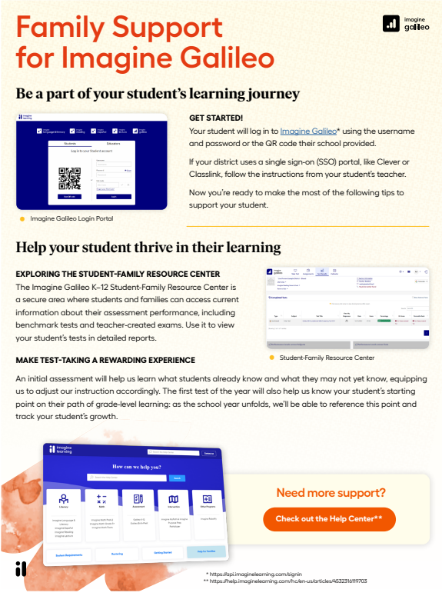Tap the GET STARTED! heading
pyautogui.click(x=216, y=118)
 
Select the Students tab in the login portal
pyautogui.click(x=70, y=144)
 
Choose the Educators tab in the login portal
pyautogui.click(x=113, y=144)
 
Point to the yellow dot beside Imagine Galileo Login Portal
pyautogui.click(x=22, y=218)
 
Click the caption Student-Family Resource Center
pyautogui.click(x=327, y=358)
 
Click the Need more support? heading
pyautogui.click(x=331, y=493)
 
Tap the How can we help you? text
pyautogui.click(x=135, y=466)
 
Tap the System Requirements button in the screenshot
pyautogui.click(x=69, y=554)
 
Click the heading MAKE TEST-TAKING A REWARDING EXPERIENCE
pyautogui.click(x=105, y=360)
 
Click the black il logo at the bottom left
pyautogui.click(x=21, y=569)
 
